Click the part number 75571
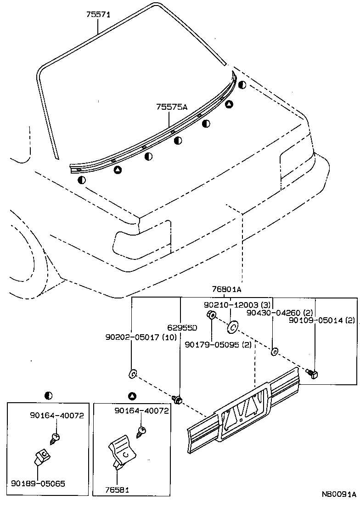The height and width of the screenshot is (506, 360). (98, 15)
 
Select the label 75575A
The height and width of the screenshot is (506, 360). (172, 107)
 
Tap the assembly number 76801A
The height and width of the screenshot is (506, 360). (227, 289)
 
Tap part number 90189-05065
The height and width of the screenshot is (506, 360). (38, 483)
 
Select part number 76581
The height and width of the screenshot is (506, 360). (117, 489)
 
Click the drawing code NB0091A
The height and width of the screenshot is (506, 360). (338, 495)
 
